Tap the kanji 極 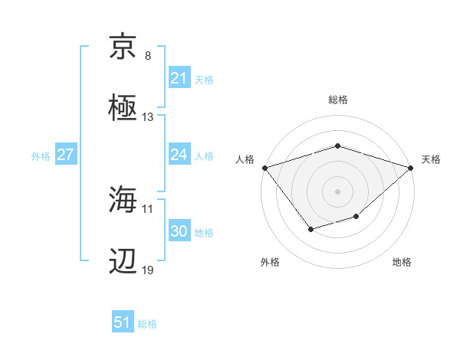click(124, 108)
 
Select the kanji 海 click(124, 200)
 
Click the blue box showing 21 click(179, 78)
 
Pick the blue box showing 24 click(179, 155)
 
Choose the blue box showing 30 click(179, 232)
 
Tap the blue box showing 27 click(66, 155)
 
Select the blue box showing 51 click(122, 323)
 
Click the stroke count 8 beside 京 click(148, 56)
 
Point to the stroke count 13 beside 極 click(148, 117)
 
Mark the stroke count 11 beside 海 click(148, 208)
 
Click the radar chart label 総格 click(337, 100)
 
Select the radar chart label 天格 click(431, 159)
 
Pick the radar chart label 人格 click(245, 159)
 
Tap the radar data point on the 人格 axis click(264, 168)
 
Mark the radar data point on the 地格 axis click(356, 217)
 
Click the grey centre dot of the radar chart click(337, 191)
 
